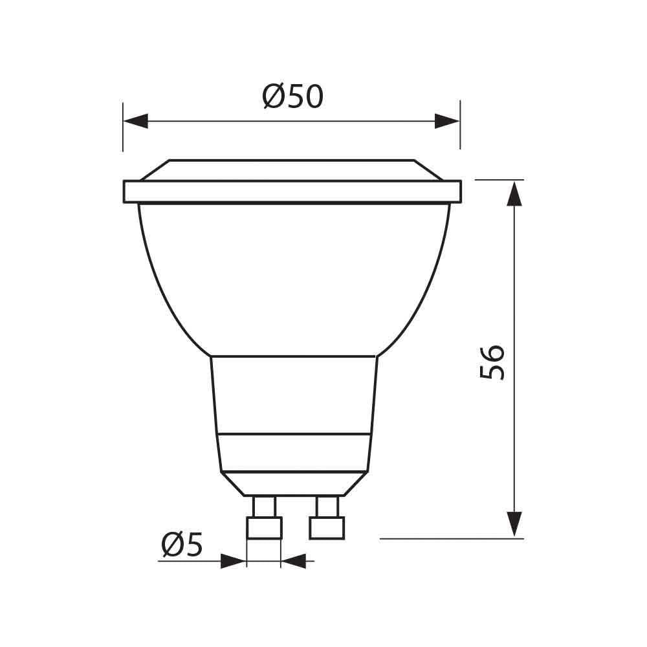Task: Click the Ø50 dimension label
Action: click(292, 97)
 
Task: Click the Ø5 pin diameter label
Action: click(182, 545)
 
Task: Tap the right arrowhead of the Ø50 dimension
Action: click(447, 121)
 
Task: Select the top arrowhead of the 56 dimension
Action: click(514, 193)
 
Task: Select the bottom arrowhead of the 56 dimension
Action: click(514, 523)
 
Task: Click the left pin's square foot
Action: click(265, 527)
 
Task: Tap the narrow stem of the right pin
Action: click(326, 506)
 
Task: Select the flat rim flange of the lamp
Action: click(292, 192)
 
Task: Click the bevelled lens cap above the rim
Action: click(292, 170)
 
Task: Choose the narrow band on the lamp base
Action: click(294, 452)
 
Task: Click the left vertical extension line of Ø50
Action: click(123, 126)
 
